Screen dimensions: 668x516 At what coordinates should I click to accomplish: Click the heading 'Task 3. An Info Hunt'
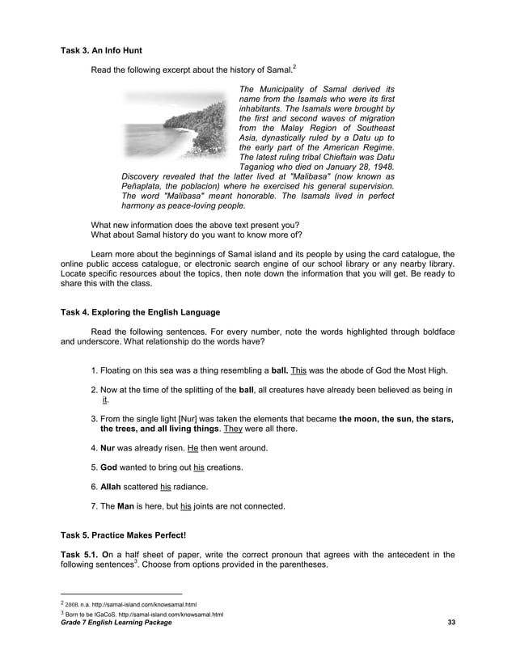point(101,50)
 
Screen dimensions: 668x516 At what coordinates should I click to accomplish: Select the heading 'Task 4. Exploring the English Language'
point(141,311)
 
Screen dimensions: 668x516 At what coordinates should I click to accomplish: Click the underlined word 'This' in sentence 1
point(298,370)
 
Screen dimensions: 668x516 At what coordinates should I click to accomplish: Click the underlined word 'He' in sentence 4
point(192,448)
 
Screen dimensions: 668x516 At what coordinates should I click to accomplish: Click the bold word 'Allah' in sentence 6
point(112,487)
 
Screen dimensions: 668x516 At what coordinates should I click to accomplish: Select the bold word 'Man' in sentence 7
point(126,506)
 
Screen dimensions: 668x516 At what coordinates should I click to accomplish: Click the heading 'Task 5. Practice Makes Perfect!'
point(124,535)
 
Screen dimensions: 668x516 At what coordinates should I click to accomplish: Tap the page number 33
point(451,621)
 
